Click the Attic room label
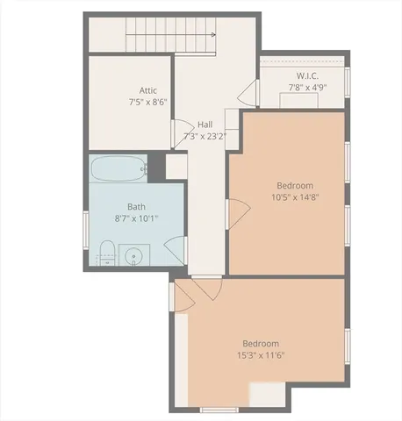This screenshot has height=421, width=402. click(x=148, y=90)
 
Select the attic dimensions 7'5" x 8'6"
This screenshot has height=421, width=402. click(x=147, y=103)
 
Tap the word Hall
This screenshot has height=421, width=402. click(x=205, y=125)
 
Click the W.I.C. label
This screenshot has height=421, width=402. click(x=306, y=75)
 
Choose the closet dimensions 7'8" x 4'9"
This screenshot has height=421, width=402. click(x=306, y=88)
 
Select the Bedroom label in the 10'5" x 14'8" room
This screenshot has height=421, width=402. click(x=294, y=185)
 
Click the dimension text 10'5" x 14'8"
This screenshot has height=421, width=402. click(x=294, y=197)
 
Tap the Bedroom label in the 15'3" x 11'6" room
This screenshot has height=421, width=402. click(x=260, y=343)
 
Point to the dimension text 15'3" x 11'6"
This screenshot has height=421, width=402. click(x=260, y=355)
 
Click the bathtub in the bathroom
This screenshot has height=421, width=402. click(x=118, y=167)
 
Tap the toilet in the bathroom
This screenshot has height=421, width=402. click(x=104, y=253)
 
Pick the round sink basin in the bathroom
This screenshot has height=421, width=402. click(x=134, y=257)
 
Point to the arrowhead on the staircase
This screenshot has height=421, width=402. click(x=213, y=35)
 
